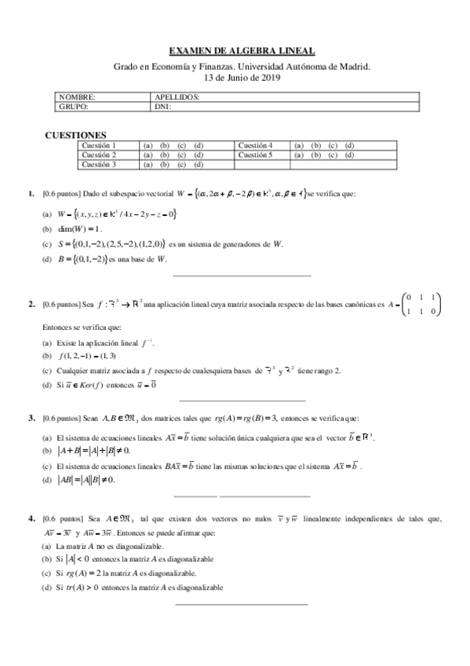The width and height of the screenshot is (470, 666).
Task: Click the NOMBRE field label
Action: [x=76, y=97]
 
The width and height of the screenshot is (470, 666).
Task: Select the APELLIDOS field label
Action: [x=178, y=97]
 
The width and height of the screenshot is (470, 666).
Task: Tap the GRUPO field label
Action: [x=74, y=106]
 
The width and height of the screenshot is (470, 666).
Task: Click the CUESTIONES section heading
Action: [x=78, y=135]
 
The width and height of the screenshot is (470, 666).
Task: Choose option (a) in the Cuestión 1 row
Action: [x=147, y=145]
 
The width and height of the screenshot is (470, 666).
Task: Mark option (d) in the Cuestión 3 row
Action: [x=199, y=165]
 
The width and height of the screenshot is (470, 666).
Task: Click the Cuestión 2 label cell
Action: [x=99, y=155]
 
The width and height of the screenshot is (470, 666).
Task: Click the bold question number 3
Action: [x=31, y=418]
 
